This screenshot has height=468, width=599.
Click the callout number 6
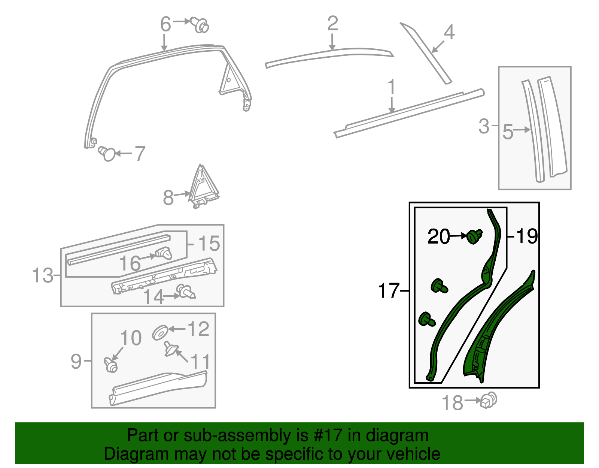point(165,25)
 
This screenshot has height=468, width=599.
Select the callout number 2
point(332,24)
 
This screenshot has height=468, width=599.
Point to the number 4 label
point(449,32)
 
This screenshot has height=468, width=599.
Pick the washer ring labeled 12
point(160,332)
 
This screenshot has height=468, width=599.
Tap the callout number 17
point(389,291)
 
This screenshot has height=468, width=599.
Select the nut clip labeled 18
point(489,401)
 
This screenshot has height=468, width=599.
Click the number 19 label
point(527,236)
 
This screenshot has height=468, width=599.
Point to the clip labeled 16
point(164,254)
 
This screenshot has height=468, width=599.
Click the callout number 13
point(43,276)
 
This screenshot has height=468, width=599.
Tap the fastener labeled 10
point(111,365)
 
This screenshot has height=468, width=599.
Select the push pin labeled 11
point(170,348)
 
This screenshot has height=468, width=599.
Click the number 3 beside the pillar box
point(484,126)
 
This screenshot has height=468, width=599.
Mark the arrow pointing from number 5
point(522,130)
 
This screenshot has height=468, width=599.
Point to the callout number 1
point(391,87)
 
